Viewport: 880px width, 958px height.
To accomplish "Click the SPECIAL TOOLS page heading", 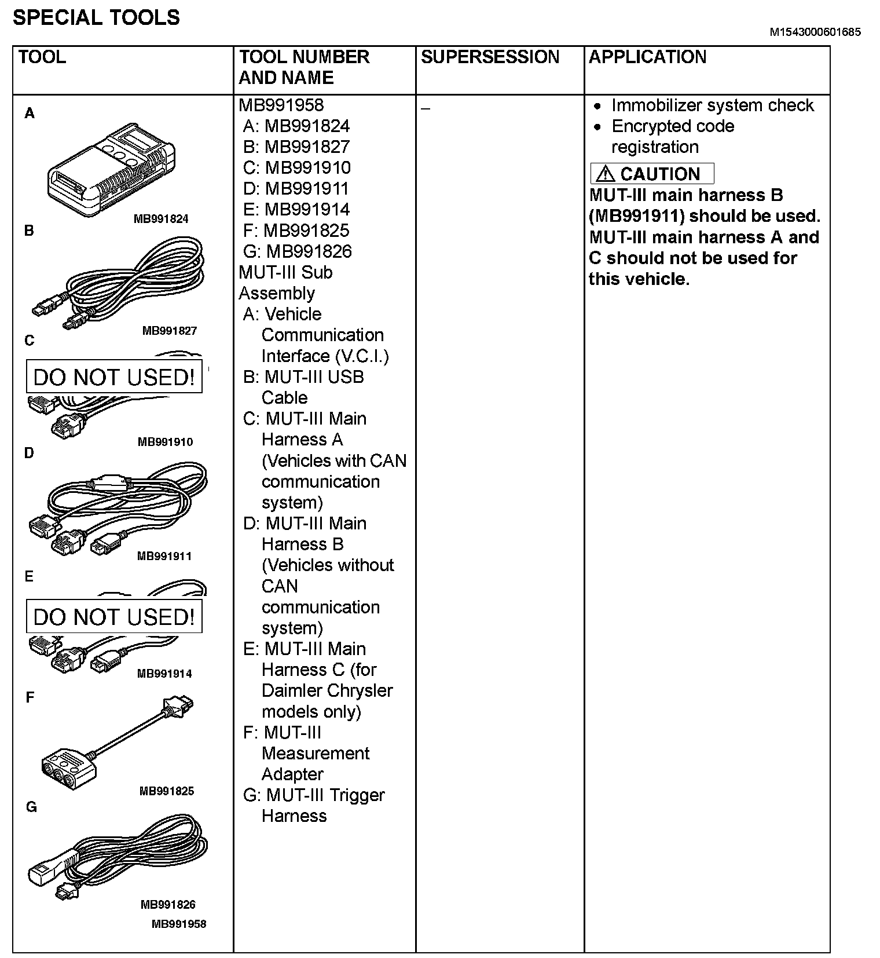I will pyautogui.click(x=96, y=18).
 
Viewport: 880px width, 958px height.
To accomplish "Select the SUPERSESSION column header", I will pyautogui.click(x=490, y=57).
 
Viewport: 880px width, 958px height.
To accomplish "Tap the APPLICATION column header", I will pyautogui.click(x=647, y=57).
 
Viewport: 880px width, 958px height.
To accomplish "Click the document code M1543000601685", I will pyautogui.click(x=815, y=32).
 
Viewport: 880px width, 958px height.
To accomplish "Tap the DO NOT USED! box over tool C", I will pyautogui.click(x=114, y=377).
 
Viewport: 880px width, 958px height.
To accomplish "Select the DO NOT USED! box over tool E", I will pyautogui.click(x=114, y=617).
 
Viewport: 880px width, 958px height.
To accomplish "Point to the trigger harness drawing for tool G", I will pyautogui.click(x=119, y=857).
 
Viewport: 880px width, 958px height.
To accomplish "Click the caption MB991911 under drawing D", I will pyautogui.click(x=164, y=557).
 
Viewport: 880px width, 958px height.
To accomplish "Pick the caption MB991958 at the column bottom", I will pyautogui.click(x=178, y=924).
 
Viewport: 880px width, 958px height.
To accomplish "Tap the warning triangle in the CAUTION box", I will pyautogui.click(x=605, y=174).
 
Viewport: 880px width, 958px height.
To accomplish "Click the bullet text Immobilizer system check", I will pyautogui.click(x=712, y=105).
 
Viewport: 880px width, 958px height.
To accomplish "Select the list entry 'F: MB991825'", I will pyautogui.click(x=296, y=231).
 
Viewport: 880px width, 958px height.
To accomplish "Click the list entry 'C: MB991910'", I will pyautogui.click(x=296, y=168).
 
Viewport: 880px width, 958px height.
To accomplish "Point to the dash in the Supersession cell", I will pyautogui.click(x=426, y=109).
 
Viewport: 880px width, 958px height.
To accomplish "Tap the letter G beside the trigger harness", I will pyautogui.click(x=31, y=807).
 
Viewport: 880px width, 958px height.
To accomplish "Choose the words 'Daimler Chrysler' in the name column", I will pyautogui.click(x=327, y=690).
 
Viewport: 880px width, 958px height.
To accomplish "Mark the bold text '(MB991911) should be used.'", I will pyautogui.click(x=704, y=216).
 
